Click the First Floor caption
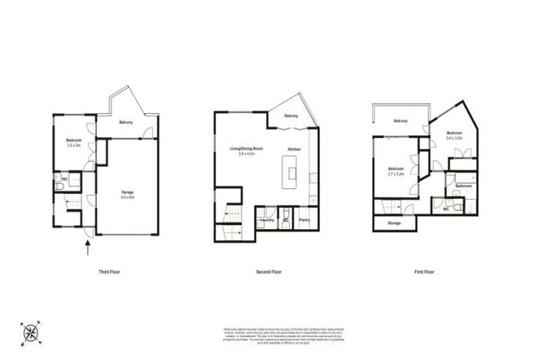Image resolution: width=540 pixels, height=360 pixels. [424, 271]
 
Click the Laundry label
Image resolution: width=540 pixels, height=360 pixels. [266, 220]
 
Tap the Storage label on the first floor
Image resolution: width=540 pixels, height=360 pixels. [394, 223]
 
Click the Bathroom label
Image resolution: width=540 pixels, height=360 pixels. [463, 186]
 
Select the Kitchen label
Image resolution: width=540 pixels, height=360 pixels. [295, 149]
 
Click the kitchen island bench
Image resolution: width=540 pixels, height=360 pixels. [290, 173]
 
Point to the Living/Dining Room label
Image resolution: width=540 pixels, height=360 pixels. [246, 148]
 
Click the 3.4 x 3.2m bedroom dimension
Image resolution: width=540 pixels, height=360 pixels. [454, 139]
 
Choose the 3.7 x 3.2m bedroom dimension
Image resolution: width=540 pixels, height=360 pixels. [395, 174]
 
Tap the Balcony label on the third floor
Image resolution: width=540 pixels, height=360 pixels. [126, 123]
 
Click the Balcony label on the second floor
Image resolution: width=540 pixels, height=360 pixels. [291, 116]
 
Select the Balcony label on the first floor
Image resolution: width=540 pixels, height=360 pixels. [401, 121]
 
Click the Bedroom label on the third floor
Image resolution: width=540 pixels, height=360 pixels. [74, 140]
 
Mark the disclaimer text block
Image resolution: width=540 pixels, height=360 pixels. [269, 335]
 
